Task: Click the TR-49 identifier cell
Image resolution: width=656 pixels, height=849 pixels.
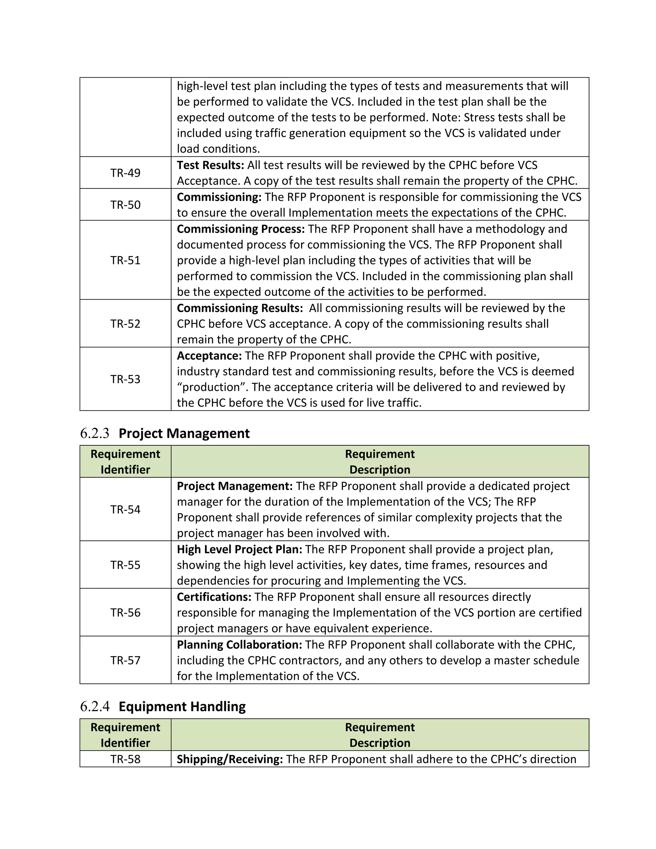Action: (x=125, y=173)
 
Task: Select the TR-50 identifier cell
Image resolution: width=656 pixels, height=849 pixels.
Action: (x=125, y=205)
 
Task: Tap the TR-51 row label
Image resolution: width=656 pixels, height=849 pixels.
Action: (x=125, y=260)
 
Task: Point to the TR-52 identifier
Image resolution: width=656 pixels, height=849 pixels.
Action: (x=125, y=324)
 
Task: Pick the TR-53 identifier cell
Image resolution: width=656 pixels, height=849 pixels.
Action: (x=125, y=379)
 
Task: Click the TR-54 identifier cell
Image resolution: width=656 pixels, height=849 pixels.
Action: (x=125, y=509)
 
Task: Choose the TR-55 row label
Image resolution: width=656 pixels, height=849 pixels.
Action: (x=125, y=565)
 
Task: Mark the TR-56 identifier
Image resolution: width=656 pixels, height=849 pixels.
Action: (x=125, y=613)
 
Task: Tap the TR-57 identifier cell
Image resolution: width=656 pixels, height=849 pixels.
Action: (x=125, y=660)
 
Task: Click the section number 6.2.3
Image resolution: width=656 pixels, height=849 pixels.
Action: (x=94, y=433)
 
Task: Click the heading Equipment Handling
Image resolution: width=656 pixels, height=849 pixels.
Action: (x=182, y=707)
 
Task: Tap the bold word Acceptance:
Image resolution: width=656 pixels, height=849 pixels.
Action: (x=209, y=356)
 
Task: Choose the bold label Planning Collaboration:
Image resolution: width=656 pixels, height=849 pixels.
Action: (x=239, y=645)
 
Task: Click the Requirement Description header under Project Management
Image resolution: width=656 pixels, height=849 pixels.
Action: (x=380, y=462)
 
